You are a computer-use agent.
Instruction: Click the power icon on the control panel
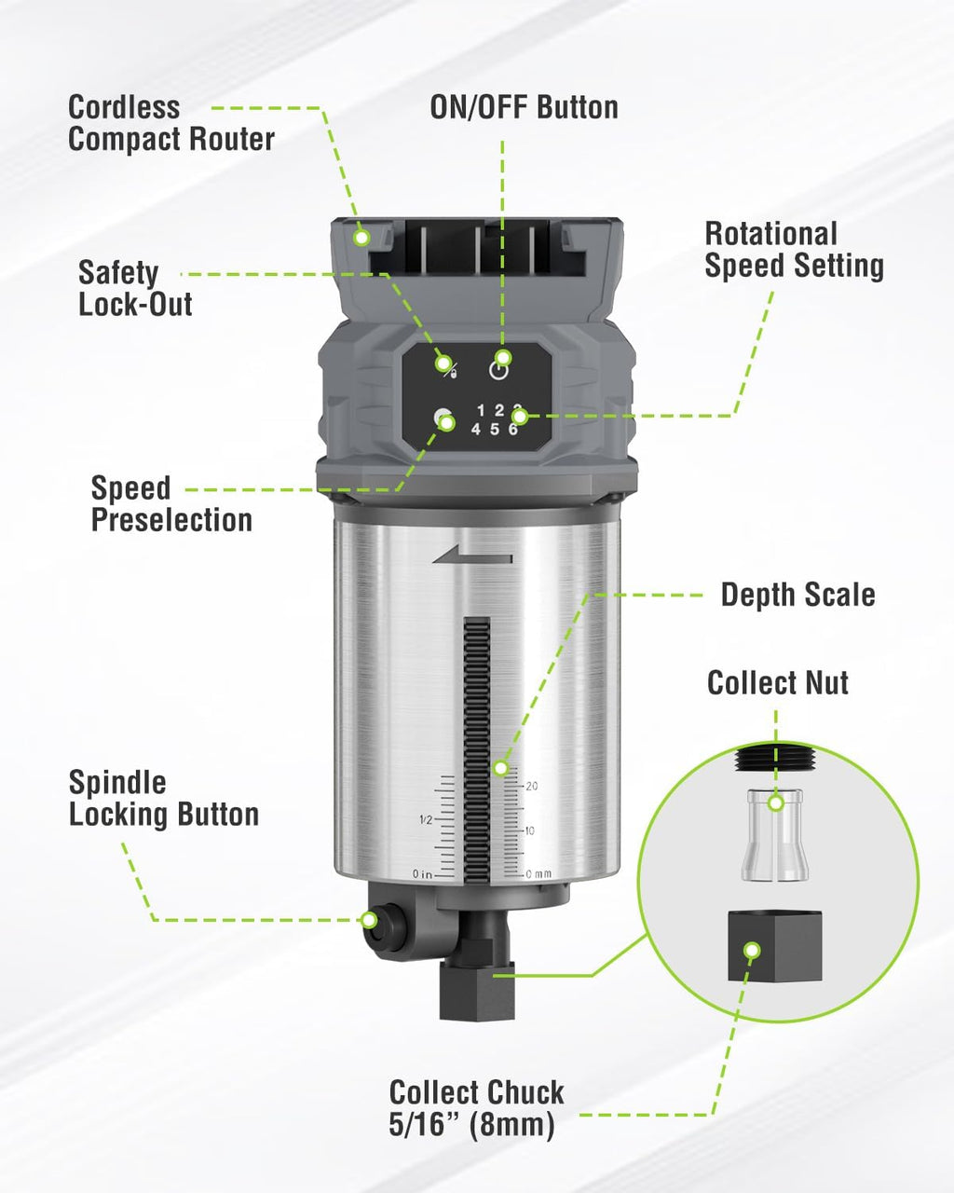(x=499, y=370)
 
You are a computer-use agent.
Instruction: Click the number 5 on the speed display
(x=495, y=429)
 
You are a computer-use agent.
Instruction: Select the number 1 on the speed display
(x=481, y=410)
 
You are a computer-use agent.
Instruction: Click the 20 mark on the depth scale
(x=531, y=786)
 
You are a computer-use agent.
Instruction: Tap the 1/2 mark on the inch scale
(x=426, y=819)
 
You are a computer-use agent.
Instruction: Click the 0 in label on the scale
(x=422, y=874)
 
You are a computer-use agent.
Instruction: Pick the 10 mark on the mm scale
(x=529, y=830)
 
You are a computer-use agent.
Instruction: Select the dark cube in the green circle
(x=774, y=946)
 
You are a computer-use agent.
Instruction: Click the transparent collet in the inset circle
(x=775, y=835)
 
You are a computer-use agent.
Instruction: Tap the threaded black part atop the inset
(x=776, y=758)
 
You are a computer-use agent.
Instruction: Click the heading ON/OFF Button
(x=524, y=107)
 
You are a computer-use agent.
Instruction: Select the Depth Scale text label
(x=798, y=595)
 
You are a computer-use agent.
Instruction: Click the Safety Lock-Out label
(x=135, y=288)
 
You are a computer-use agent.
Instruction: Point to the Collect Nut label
(x=778, y=682)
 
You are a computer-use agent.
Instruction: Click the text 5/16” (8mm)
(x=471, y=1125)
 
